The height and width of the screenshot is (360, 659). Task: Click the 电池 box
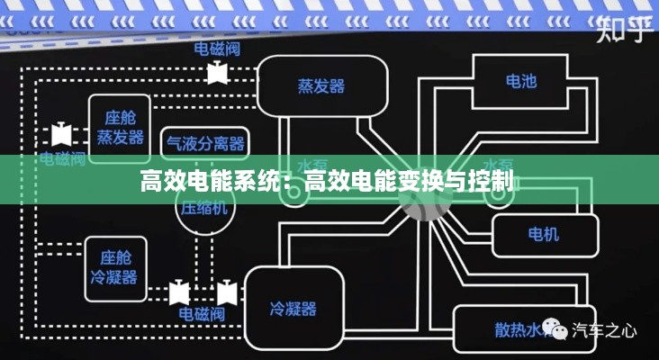(x=520, y=82)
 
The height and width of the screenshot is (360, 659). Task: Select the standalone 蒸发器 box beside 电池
(x=321, y=85)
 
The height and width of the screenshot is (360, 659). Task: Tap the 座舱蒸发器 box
(x=120, y=127)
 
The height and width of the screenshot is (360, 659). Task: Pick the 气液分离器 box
(x=205, y=142)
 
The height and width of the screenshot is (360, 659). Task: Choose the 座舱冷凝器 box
(x=114, y=266)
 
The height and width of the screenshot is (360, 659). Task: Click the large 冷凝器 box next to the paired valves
(x=293, y=309)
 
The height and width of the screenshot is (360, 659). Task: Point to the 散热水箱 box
(x=510, y=328)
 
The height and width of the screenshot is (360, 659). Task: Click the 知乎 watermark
(x=624, y=31)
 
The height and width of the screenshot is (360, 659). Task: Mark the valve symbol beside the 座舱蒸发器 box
(x=61, y=134)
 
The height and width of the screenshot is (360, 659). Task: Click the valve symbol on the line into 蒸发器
(x=216, y=73)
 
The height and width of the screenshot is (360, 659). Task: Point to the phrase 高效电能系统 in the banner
(x=210, y=181)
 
